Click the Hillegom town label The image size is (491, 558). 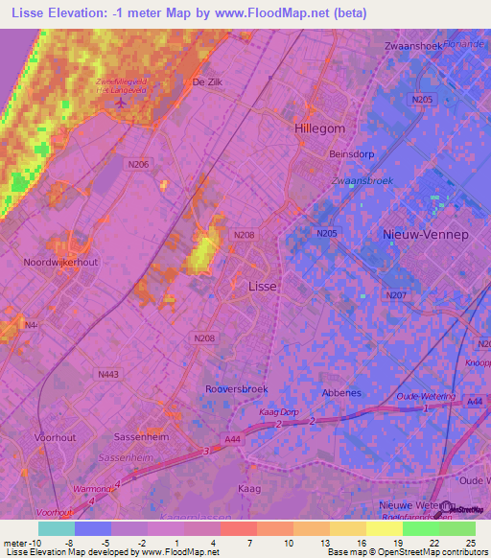[318, 128]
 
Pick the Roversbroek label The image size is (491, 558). [237, 389]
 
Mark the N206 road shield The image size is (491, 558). [139, 164]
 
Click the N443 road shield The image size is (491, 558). [107, 375]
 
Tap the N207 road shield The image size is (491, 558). [394, 295]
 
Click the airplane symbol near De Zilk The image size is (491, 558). [120, 102]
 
